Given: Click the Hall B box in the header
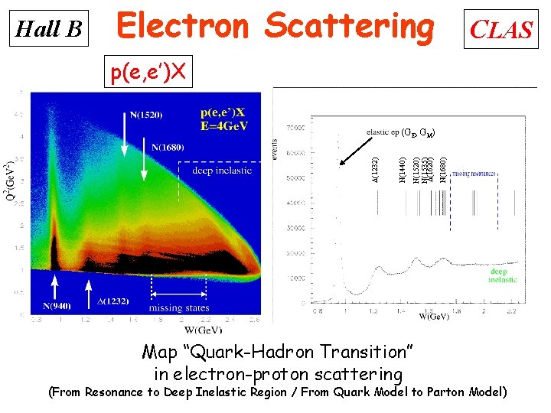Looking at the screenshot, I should (x=49, y=28).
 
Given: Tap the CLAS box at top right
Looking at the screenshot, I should (x=500, y=29).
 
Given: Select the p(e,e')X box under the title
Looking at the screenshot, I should (x=148, y=73).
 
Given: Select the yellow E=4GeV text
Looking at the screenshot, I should (x=225, y=125).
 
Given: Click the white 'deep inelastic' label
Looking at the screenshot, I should (x=222, y=171).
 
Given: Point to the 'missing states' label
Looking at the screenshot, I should (x=179, y=308).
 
